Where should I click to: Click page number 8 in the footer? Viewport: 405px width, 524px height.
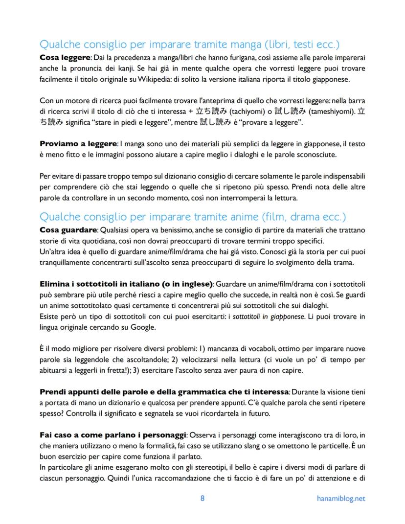click(x=202, y=499)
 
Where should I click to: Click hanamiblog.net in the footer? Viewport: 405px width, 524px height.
click(x=340, y=499)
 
